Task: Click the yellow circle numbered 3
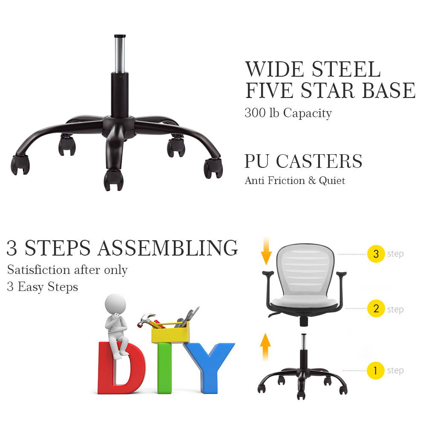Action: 376,254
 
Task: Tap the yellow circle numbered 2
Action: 376,309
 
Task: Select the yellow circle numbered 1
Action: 375,370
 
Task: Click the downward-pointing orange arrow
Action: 266,251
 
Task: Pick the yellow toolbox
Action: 170,334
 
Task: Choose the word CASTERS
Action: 319,161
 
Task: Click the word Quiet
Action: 331,181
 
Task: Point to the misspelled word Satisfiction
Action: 39,270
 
